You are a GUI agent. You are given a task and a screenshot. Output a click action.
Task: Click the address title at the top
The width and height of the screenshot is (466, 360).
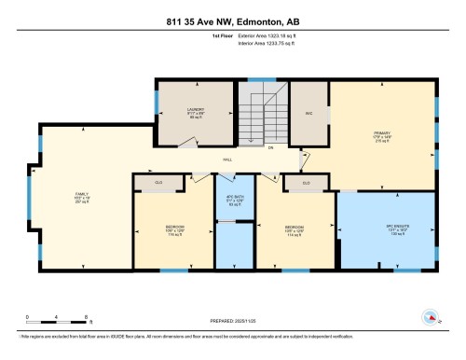tap(232, 21)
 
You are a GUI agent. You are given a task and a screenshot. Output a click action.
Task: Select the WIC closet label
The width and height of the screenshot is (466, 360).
tap(308, 113)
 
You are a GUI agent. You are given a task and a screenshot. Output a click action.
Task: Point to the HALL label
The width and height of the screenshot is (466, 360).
tap(227, 160)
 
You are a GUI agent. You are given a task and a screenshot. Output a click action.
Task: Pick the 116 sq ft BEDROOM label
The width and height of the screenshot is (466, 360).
tap(174, 230)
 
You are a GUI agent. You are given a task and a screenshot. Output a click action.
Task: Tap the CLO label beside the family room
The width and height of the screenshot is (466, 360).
tap(158, 182)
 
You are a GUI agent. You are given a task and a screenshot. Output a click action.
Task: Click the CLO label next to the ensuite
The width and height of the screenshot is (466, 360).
tap(307, 182)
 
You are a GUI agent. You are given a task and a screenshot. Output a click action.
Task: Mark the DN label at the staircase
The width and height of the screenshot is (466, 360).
tap(270, 147)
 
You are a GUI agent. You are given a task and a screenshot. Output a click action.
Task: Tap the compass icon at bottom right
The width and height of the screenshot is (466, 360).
tap(431, 318)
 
